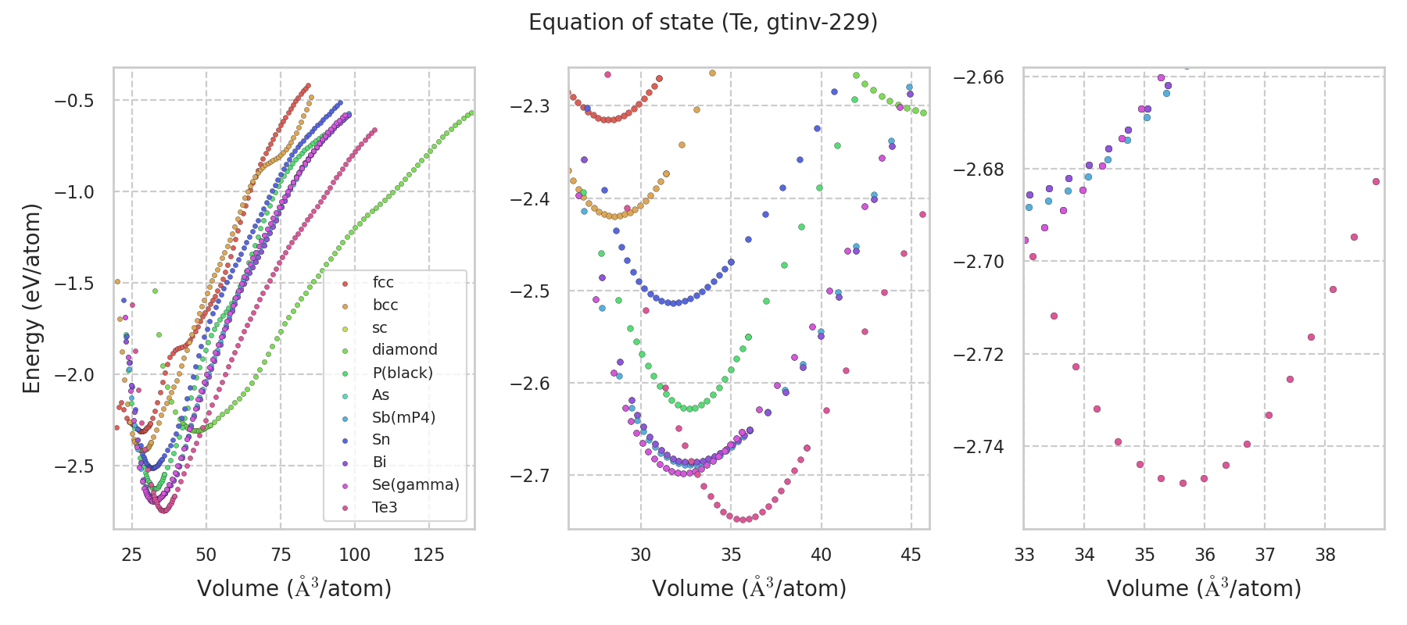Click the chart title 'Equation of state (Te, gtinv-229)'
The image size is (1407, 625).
pyautogui.click(x=703, y=23)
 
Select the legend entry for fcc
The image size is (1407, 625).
pyautogui.click(x=383, y=283)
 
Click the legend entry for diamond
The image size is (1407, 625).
pyautogui.click(x=404, y=350)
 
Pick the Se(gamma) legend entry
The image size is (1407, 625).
pyautogui.click(x=415, y=485)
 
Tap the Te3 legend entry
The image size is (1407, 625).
pyautogui.click(x=385, y=508)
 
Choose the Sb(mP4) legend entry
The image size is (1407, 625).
pyautogui.click(x=403, y=418)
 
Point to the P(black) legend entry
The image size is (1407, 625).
pyautogui.click(x=402, y=373)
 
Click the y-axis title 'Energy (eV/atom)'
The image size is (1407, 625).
pyautogui.click(x=31, y=298)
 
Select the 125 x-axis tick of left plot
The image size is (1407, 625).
pyautogui.click(x=428, y=555)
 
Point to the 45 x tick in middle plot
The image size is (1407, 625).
pyautogui.click(x=911, y=555)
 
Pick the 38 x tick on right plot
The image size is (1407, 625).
pyautogui.click(x=1325, y=555)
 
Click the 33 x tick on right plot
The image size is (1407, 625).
pyautogui.click(x=1024, y=555)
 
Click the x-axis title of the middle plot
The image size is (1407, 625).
pyautogui.click(x=749, y=588)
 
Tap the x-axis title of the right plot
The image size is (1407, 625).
pyautogui.click(x=1204, y=588)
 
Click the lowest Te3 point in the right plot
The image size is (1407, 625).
pyautogui.click(x=1183, y=483)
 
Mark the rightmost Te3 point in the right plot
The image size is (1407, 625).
pyautogui.click(x=1376, y=182)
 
